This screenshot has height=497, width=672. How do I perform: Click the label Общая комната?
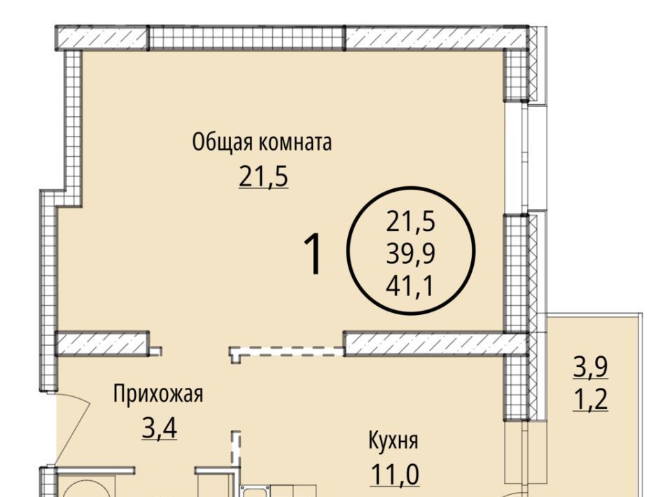262,143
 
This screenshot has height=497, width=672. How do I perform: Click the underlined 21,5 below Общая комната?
264,177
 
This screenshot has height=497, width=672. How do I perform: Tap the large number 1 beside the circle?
314,253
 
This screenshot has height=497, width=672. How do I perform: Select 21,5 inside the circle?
411,222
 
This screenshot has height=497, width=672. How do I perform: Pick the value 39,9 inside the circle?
411,253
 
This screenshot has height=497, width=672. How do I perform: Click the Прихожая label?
157,393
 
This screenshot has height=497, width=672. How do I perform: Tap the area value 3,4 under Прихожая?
160,428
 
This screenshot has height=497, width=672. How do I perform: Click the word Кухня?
393,440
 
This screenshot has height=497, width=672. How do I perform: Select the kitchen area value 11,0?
395,475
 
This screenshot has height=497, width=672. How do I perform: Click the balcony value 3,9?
591,367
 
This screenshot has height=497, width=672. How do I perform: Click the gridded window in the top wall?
246,38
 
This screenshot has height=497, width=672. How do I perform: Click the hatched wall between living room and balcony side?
435,344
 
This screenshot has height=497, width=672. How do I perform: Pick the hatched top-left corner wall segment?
101,38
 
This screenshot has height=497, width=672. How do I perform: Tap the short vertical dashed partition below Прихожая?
236,450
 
